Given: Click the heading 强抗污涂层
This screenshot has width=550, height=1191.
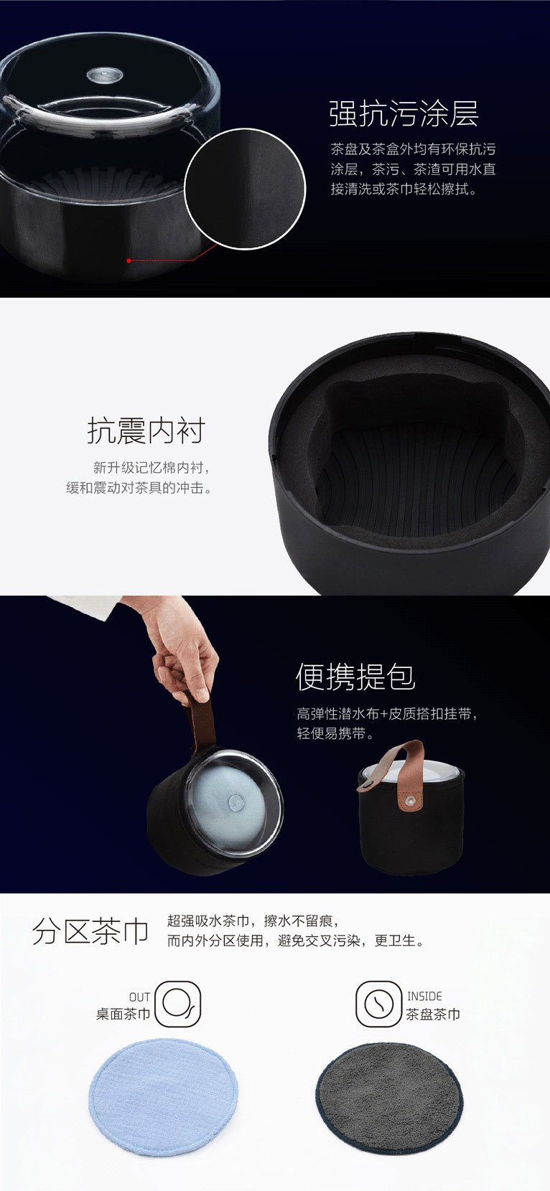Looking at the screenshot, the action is click(x=404, y=114).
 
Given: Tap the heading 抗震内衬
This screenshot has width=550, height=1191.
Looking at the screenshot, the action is click(x=146, y=430).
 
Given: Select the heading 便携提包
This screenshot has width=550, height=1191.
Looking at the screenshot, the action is click(x=355, y=677).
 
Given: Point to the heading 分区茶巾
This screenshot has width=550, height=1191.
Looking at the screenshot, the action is click(x=90, y=931).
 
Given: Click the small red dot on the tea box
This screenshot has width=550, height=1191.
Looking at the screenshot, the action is click(x=129, y=260).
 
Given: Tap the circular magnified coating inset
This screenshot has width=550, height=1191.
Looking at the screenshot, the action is click(x=246, y=189).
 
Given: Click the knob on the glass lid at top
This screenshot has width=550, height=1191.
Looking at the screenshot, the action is click(x=104, y=75).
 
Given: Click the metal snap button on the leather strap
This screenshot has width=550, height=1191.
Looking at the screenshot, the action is click(x=410, y=801).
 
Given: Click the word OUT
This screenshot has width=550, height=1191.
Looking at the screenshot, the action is click(x=140, y=997).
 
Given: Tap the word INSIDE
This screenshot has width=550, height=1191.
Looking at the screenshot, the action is click(x=424, y=996).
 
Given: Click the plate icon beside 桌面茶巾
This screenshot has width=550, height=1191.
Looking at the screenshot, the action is click(x=177, y=1004).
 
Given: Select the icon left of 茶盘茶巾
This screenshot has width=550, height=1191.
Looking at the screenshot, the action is click(x=378, y=1004).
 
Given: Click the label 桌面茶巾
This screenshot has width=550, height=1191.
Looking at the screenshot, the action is click(x=123, y=1014).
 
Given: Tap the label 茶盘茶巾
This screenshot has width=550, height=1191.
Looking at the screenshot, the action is click(x=433, y=1014).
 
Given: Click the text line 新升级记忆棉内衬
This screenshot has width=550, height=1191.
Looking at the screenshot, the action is click(x=152, y=467).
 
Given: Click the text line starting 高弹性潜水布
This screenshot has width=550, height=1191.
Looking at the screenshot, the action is click(x=387, y=714).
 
